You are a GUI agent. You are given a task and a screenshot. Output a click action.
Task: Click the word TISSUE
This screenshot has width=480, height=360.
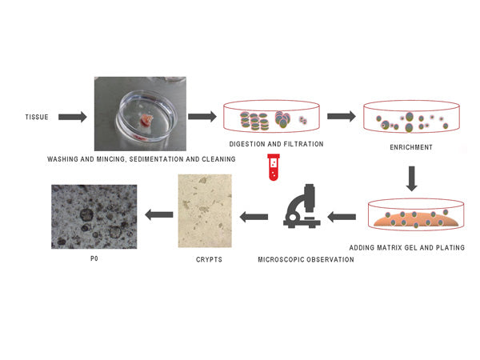click(37, 118)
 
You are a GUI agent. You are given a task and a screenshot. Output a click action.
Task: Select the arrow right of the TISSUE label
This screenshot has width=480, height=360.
click(73, 118)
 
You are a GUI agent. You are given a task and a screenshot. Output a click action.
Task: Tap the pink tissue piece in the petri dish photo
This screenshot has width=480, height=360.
click(146, 122)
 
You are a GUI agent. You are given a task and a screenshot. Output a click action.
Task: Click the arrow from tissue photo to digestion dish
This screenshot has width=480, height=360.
click(202, 118)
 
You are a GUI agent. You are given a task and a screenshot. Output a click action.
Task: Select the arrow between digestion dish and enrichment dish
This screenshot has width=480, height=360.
click(342, 116)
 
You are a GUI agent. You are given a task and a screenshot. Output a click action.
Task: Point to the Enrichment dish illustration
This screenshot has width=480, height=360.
click(411, 118)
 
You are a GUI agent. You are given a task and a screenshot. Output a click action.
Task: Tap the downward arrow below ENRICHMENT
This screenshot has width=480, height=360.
click(412, 178)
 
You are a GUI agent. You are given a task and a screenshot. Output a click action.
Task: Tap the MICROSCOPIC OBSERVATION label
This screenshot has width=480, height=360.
click(306, 260)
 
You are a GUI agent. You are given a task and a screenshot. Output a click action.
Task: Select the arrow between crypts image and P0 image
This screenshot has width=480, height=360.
click(158, 214)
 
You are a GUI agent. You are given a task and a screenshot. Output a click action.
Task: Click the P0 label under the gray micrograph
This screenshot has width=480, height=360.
click(94, 260)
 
